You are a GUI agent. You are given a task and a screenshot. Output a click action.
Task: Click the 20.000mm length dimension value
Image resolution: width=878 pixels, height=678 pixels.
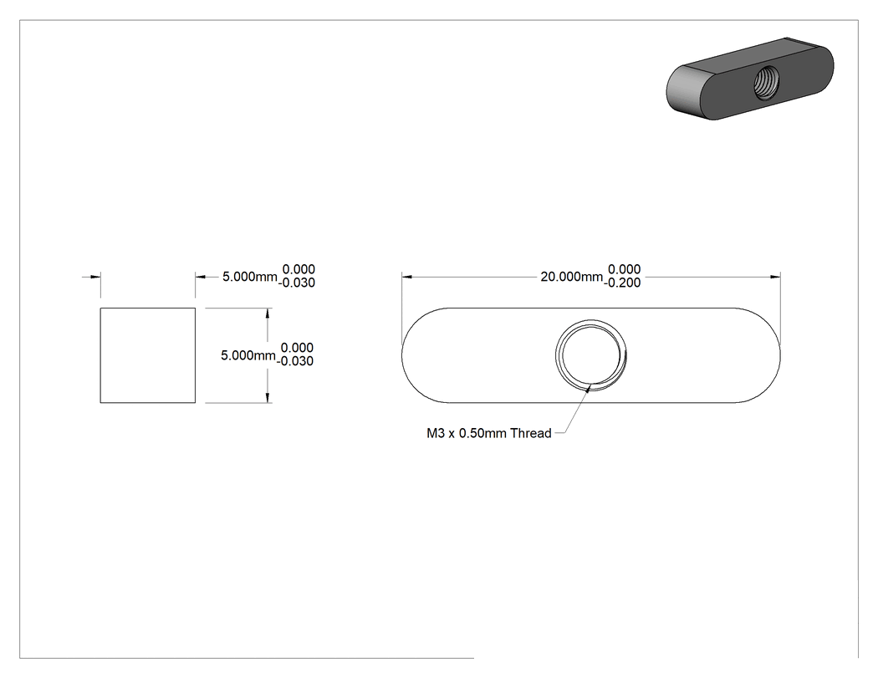click(572, 277)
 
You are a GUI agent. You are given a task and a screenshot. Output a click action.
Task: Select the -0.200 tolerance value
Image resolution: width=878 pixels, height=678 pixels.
click(622, 283)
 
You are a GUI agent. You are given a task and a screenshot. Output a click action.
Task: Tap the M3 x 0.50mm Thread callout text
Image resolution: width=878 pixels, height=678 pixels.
click(489, 433)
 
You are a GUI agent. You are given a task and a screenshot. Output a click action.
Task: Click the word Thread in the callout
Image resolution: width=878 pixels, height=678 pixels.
click(531, 433)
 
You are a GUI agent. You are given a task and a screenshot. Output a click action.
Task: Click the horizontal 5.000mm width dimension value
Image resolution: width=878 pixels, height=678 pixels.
click(250, 277)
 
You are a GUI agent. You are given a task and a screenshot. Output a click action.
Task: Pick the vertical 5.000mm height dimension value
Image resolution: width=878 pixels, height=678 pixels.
click(248, 355)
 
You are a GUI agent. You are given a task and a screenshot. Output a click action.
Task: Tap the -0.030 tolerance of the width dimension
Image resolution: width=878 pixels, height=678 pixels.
click(297, 283)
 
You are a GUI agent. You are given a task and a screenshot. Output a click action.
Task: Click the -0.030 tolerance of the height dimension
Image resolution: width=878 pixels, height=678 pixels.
click(295, 362)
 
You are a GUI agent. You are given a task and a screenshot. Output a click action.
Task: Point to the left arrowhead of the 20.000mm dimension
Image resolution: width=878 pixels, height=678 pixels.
click(407, 277)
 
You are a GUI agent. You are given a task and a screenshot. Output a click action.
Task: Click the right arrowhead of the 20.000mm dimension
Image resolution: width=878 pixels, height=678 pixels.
click(775, 277)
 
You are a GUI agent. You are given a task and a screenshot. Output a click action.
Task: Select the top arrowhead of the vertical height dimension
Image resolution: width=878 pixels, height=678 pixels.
click(268, 314)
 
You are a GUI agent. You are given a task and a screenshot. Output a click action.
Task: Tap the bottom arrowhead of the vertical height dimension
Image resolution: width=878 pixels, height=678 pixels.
click(268, 397)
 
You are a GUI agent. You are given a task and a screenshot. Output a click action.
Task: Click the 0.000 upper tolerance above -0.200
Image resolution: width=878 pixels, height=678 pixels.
click(625, 270)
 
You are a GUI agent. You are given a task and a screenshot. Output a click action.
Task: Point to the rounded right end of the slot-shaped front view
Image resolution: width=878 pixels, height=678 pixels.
click(780, 355)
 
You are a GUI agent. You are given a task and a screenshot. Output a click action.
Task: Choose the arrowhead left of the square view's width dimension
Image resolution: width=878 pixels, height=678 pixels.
click(95, 277)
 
